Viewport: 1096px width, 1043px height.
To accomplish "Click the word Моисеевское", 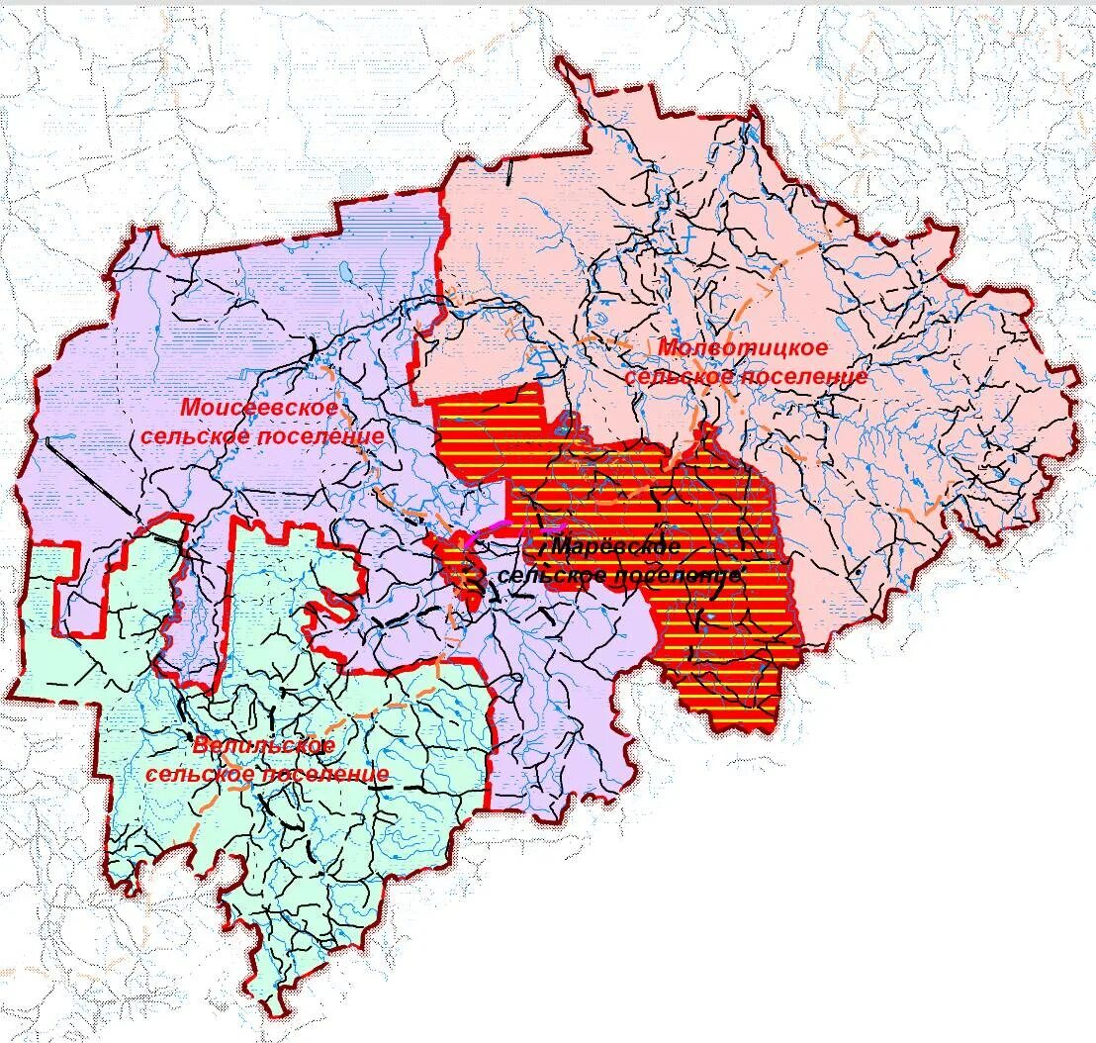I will click(259, 407).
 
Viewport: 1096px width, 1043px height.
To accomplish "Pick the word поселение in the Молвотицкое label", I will click(803, 377).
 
